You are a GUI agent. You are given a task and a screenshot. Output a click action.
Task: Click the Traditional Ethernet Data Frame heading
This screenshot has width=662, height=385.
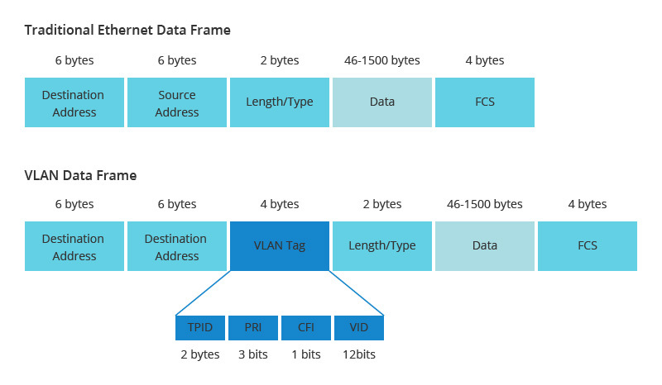127,30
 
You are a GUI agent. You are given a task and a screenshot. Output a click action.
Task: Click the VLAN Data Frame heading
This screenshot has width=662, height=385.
80,175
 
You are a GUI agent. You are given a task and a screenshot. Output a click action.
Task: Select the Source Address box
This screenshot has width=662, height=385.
177,102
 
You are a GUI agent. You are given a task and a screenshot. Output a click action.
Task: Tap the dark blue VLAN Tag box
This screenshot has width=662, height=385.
280,245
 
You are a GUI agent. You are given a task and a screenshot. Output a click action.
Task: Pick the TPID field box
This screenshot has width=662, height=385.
200,327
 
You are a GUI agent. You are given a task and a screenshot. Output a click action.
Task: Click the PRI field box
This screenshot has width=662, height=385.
253,327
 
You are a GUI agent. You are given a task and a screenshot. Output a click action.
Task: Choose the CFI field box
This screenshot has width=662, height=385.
306,327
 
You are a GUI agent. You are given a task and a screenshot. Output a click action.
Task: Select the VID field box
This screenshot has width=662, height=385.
359,327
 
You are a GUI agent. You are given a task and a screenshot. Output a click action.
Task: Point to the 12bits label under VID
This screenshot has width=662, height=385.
359,354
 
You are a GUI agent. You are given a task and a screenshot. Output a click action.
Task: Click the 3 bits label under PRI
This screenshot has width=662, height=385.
253,354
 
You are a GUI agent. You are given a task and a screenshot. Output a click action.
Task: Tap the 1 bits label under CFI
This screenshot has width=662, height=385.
306,354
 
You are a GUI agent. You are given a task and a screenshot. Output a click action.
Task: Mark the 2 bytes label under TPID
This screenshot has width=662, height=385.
200,354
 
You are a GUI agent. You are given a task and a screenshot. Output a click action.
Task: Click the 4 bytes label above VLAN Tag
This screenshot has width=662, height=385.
280,204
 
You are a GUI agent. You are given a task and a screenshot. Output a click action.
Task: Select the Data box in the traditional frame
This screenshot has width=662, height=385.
382,102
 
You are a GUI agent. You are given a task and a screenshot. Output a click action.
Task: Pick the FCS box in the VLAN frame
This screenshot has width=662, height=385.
588,245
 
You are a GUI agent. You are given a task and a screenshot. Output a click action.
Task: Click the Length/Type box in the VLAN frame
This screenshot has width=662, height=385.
382,245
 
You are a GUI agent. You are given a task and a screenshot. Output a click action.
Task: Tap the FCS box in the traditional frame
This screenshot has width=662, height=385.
485,102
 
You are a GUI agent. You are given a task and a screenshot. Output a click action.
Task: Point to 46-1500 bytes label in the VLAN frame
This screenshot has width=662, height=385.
485,204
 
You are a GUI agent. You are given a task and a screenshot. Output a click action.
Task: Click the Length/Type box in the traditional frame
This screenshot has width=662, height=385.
280,102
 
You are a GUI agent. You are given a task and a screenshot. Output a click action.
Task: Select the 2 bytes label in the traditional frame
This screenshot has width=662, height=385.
280,60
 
